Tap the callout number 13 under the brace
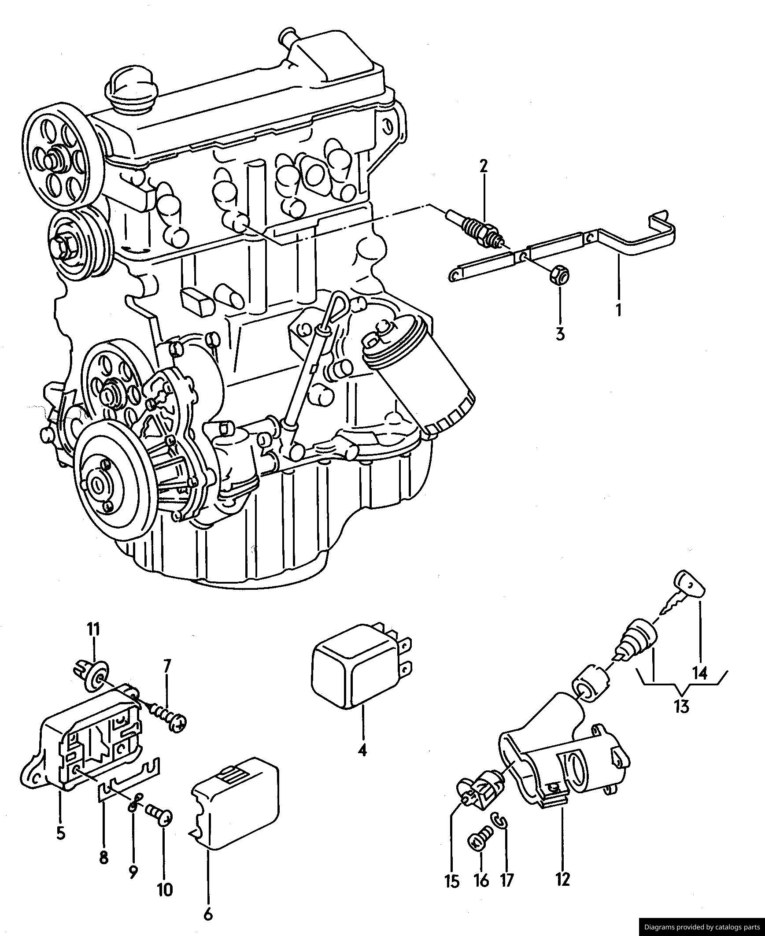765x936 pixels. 681,707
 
